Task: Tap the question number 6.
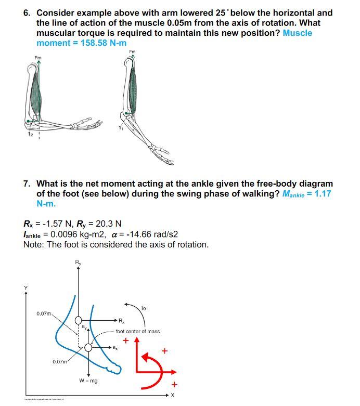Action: pos(27,12)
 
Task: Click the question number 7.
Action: pos(27,184)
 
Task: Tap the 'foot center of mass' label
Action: pos(137,331)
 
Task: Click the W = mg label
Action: pos(88,381)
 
